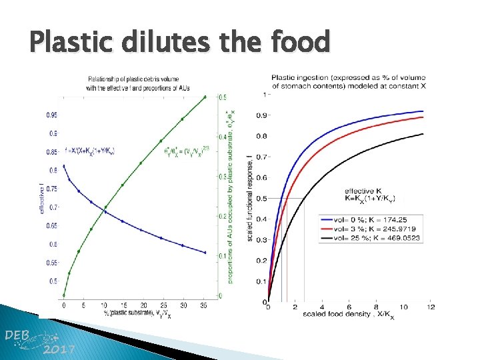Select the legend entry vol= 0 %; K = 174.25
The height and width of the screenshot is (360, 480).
click(x=377, y=218)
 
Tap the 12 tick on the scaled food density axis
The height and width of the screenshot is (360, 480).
click(x=431, y=307)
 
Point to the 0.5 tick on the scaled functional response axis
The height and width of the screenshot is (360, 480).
click(x=261, y=199)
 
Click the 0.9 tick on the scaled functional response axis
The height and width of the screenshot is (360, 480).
click(x=261, y=116)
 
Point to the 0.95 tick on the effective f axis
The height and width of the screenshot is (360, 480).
click(x=52, y=115)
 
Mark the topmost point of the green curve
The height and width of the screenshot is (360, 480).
click(x=205, y=97)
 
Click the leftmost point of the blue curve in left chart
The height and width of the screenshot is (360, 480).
click(x=64, y=166)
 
